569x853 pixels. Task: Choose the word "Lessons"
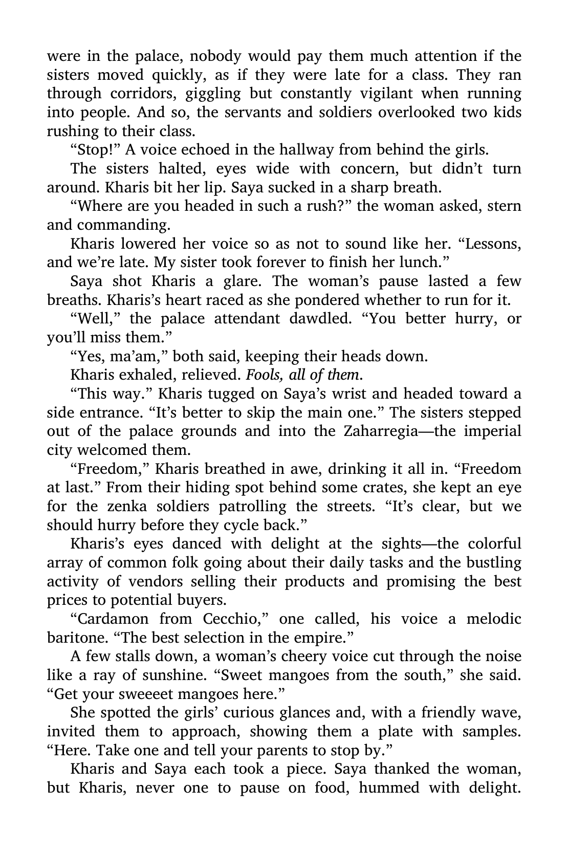[492, 244]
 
